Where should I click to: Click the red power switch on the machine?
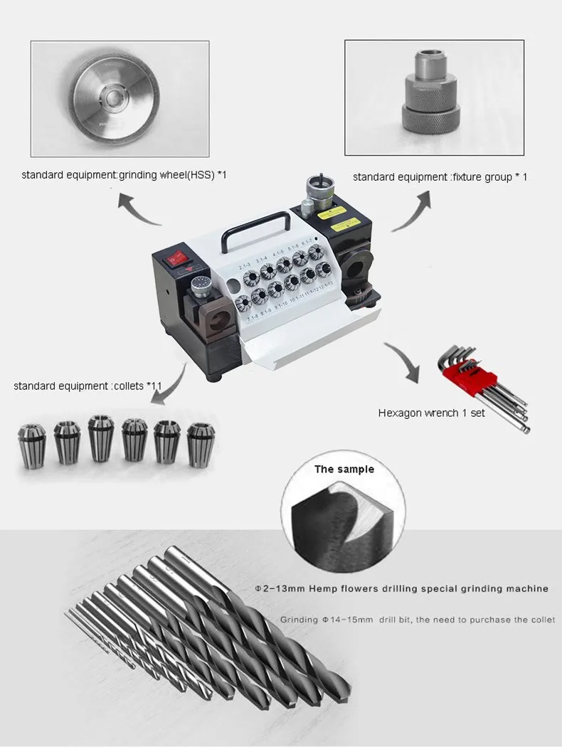pos(177,261)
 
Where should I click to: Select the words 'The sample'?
pos(344,470)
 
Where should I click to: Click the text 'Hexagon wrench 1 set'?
pos(432,413)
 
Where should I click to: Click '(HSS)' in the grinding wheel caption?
pos(203,174)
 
